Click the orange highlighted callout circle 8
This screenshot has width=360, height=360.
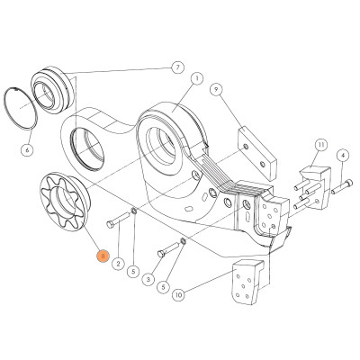[x=103, y=256]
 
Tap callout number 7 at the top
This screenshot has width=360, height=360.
[x=177, y=67]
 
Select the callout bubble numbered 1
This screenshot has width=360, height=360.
[x=197, y=78]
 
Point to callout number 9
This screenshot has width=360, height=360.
[x=217, y=91]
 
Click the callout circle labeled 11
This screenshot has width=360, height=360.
[x=320, y=144]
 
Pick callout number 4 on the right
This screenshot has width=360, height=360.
[x=342, y=156]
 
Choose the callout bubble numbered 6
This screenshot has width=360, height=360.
[x=27, y=150]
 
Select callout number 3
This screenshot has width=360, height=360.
[x=148, y=279]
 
